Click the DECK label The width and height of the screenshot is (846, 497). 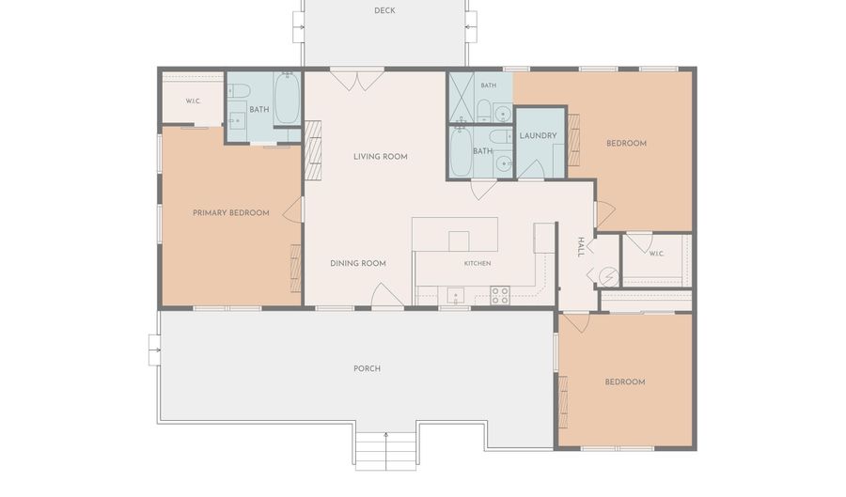pyautogui.click(x=384, y=10)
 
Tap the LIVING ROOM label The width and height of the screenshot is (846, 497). pyautogui.click(x=381, y=156)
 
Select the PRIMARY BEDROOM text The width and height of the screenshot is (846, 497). pyautogui.click(x=231, y=213)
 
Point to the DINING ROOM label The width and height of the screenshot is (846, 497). pyautogui.click(x=358, y=263)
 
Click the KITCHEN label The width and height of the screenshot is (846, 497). pyautogui.click(x=478, y=263)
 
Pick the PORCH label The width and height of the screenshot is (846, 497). pyautogui.click(x=367, y=368)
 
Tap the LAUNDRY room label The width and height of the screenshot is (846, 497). pyautogui.click(x=538, y=136)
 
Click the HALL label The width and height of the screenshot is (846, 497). pyautogui.click(x=581, y=247)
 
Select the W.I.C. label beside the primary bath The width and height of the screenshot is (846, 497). pyautogui.click(x=193, y=101)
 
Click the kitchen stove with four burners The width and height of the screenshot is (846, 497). pyautogui.click(x=500, y=295)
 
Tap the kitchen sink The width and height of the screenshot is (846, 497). pyautogui.click(x=455, y=296)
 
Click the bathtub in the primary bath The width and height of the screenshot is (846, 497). pyautogui.click(x=287, y=99)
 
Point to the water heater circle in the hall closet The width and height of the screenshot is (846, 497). pyautogui.click(x=608, y=277)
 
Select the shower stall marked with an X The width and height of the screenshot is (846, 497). pyautogui.click(x=462, y=97)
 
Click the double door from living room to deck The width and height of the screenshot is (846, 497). pyautogui.click(x=356, y=80)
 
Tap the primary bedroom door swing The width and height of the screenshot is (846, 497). pyautogui.click(x=292, y=210)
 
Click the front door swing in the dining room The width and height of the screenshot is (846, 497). pyautogui.click(x=387, y=295)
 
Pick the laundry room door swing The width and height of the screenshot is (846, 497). pyautogui.click(x=530, y=169)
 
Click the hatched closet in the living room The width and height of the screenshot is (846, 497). pyautogui.click(x=313, y=150)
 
